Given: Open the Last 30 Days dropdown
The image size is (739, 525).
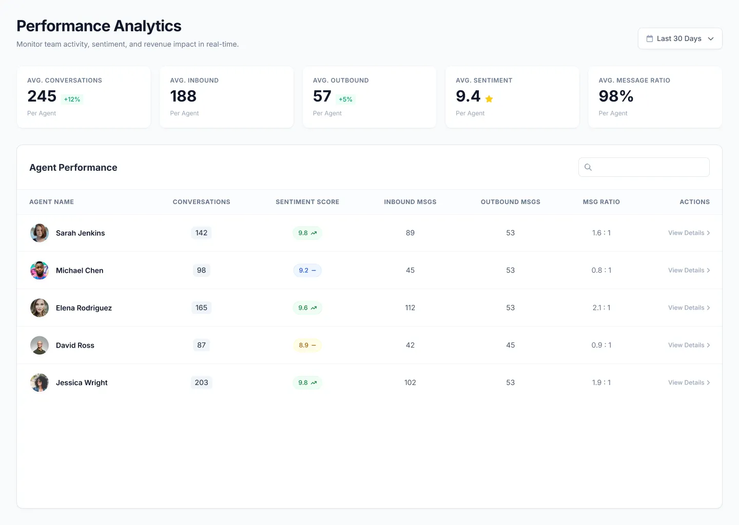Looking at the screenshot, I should click(679, 38).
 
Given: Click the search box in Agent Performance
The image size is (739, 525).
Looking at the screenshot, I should click(644, 167).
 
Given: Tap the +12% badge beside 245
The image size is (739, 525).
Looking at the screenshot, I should click(72, 99).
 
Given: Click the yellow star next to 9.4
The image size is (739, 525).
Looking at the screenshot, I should click(489, 99).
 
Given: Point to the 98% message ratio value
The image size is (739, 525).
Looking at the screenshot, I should click(616, 96).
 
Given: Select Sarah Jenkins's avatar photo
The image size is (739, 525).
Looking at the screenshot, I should click(40, 233).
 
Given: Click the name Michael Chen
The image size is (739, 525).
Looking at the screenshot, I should click(80, 270).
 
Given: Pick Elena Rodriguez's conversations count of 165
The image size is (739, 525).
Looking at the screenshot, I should click(201, 308).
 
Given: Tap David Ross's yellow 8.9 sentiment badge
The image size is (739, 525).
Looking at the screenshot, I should click(307, 345).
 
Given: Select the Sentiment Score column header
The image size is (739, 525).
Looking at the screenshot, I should click(307, 202).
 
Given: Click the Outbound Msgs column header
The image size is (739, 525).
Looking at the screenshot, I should click(510, 202).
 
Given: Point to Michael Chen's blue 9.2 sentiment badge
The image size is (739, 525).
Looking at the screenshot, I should click(307, 270).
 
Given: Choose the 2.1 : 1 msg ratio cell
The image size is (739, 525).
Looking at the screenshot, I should click(601, 308).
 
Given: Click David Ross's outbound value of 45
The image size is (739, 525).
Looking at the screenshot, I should click(510, 345).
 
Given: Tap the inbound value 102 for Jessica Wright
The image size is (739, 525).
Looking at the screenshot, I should click(410, 382).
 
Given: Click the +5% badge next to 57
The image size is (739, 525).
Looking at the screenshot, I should click(345, 99).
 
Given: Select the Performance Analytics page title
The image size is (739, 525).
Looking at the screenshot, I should click(99, 26).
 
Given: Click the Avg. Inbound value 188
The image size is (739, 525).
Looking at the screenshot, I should click(183, 96).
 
